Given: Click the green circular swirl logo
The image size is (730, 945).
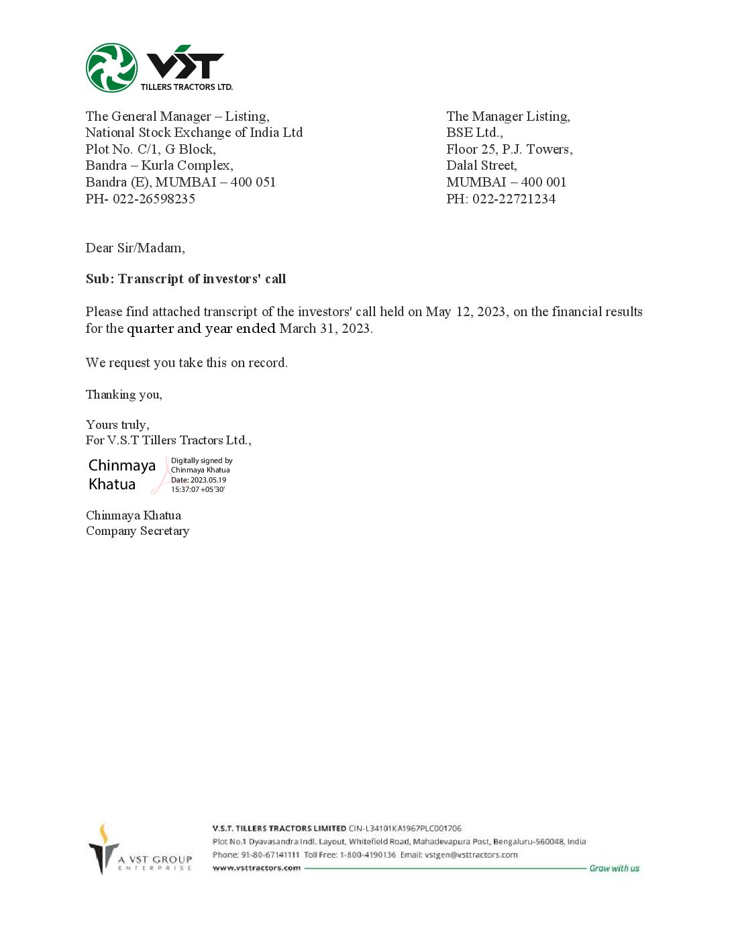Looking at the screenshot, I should tap(111, 68).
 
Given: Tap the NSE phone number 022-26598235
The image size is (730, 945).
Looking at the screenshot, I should tap(154, 199).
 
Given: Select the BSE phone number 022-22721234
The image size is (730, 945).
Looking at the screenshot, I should tap(514, 199).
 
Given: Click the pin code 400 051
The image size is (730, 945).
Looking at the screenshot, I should tap(253, 182).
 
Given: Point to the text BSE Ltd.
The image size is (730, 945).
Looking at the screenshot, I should tap(474, 133).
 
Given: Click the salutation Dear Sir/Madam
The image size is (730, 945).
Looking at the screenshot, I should tap(135, 248).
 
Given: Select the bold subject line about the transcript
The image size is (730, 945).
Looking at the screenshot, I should tap(186, 279).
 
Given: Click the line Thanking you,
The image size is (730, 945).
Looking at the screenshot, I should tap(124, 394).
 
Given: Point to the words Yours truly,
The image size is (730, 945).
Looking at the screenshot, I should tap(117, 424).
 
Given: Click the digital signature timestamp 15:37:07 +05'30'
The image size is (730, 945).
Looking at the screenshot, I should tap(198, 489).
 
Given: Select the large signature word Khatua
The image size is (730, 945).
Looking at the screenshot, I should tap(112, 484).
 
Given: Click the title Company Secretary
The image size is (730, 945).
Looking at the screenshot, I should tap(138, 531).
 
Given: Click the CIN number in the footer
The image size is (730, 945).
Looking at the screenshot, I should tap(405, 828).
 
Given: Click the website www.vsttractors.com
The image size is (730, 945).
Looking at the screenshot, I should tap(256, 868).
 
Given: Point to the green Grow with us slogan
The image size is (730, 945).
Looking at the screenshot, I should tap(614, 868).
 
